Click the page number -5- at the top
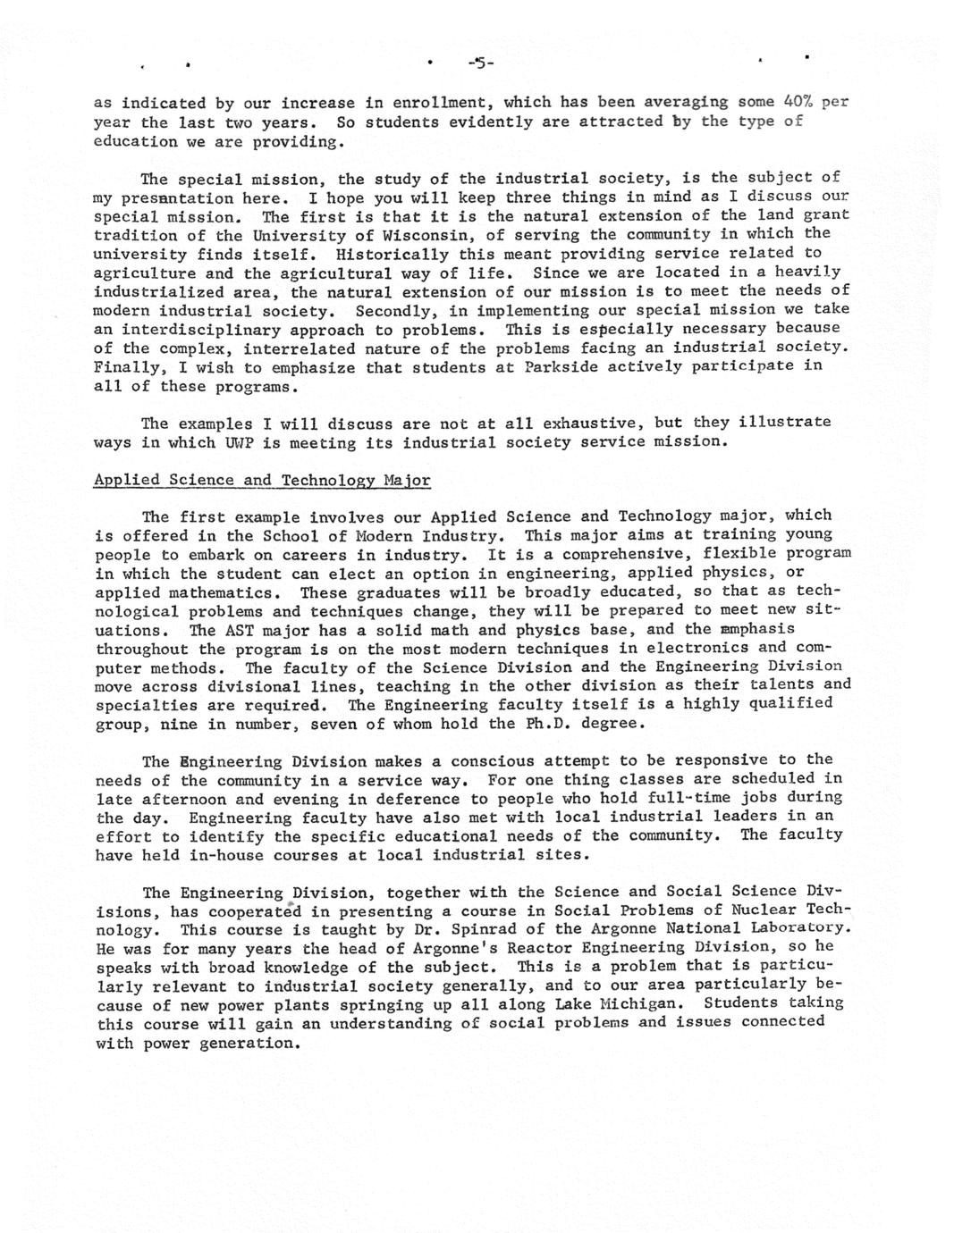point(480,63)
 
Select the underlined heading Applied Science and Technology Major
point(262,480)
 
